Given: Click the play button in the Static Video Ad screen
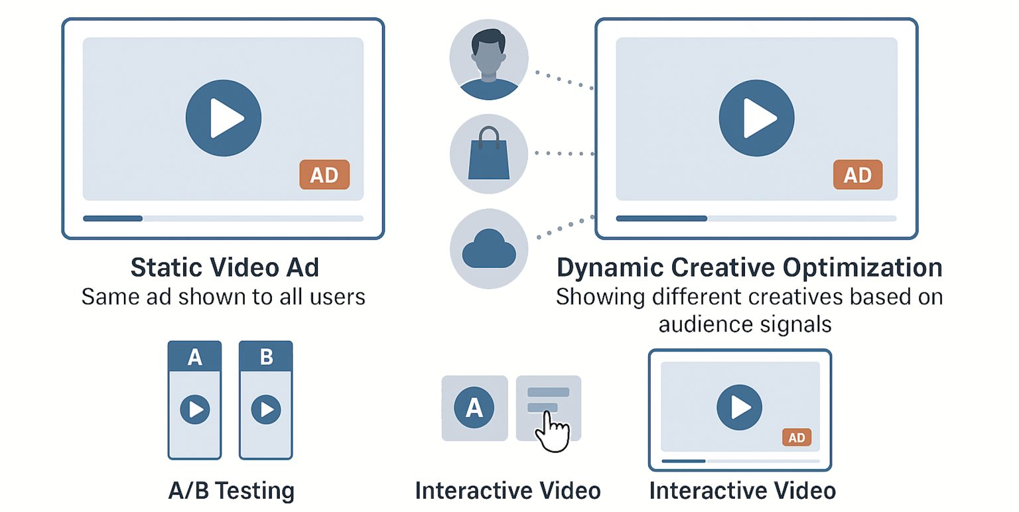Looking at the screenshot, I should coord(224,119).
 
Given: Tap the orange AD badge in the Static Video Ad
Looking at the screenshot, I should coord(324,174).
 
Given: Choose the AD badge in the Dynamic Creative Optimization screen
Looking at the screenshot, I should coord(857,174).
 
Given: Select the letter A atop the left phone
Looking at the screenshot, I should coord(194,357).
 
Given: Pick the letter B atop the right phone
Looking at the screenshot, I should coord(266,357).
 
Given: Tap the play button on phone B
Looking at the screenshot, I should coord(266,409).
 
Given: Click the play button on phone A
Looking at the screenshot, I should coord(195,409).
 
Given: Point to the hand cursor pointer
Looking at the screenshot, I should coord(552,431).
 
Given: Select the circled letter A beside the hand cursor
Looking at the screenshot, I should coord(474,407).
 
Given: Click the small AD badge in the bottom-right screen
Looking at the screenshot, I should coord(797,437).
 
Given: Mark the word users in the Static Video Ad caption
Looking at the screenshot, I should coord(339,296).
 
